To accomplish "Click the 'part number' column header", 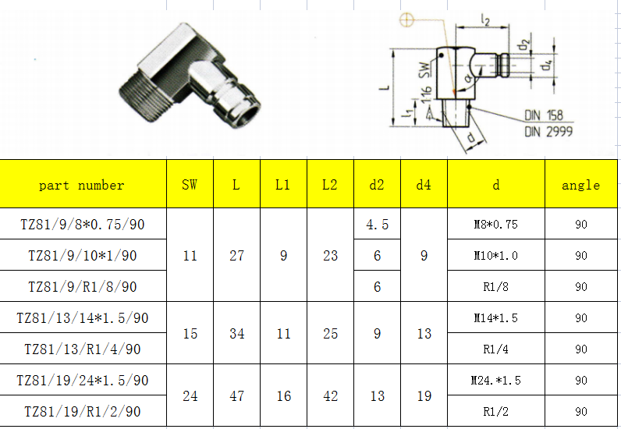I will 82,185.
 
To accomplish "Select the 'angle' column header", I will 580,185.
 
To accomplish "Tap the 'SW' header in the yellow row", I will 190,185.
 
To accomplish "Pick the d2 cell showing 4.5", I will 377,225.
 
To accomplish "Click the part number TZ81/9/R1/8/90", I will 82,287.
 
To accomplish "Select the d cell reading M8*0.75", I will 495,225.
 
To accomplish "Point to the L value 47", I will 236,396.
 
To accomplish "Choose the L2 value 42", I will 330,396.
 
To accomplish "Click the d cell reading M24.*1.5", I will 495,381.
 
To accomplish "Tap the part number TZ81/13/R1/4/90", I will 82,349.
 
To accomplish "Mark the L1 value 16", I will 283,396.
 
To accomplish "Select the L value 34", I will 236,334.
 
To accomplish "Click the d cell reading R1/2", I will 495,412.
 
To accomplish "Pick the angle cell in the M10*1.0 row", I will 580,256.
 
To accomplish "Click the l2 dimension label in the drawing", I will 485,21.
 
